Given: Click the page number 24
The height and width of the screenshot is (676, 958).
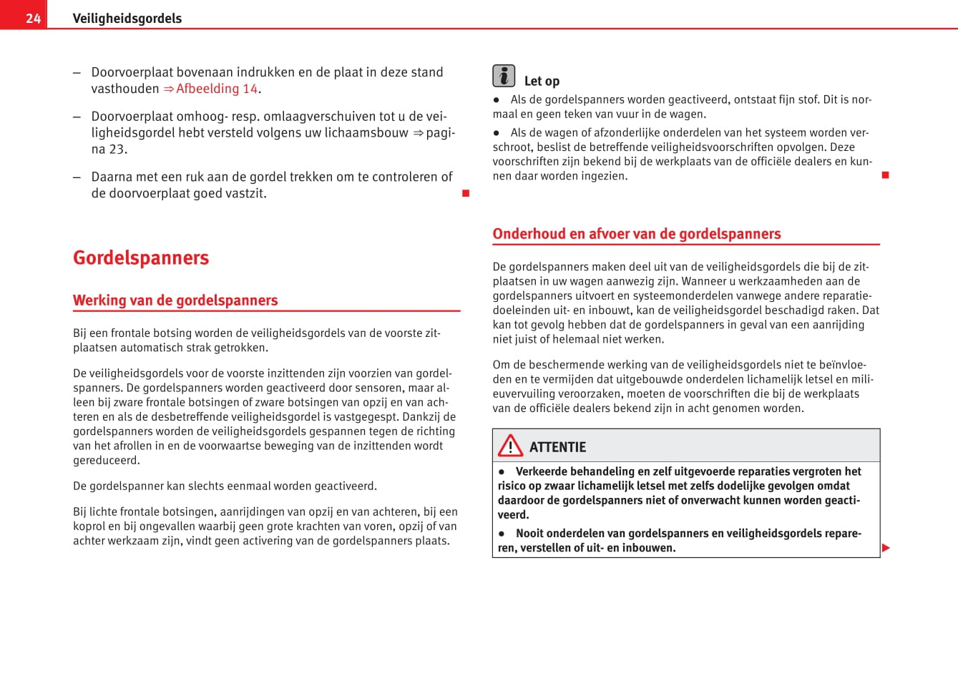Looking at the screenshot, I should click(x=33, y=18).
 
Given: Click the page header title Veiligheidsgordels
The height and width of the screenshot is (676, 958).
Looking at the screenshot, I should click(x=127, y=18).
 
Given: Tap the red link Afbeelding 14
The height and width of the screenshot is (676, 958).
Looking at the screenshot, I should click(x=216, y=89).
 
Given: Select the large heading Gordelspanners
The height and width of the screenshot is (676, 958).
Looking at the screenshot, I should click(x=141, y=258).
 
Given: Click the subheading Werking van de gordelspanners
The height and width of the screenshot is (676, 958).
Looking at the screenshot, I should click(x=175, y=300).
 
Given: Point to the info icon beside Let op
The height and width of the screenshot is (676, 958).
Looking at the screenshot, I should click(x=504, y=76).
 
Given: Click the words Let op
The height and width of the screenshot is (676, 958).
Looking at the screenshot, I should click(x=542, y=81).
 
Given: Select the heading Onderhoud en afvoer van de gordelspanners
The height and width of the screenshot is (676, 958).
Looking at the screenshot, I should click(x=637, y=234).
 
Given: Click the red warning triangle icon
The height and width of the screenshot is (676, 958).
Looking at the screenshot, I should click(x=510, y=446).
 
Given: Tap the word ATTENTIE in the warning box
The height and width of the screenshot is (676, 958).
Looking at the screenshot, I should click(x=557, y=447).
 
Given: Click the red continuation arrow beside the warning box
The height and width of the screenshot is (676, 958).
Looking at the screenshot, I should click(x=886, y=548).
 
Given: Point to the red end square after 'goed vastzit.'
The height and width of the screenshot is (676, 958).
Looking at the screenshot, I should click(x=466, y=193).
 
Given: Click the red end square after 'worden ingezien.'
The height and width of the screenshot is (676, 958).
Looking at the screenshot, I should click(x=885, y=175).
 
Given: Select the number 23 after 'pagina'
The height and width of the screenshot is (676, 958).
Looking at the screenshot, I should click(x=117, y=149).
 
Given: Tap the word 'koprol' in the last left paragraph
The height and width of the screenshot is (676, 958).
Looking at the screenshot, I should click(x=89, y=526).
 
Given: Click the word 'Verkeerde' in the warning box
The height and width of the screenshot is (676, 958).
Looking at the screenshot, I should click(x=545, y=471).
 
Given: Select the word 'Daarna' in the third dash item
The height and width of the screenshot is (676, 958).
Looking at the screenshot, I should click(x=111, y=177).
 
